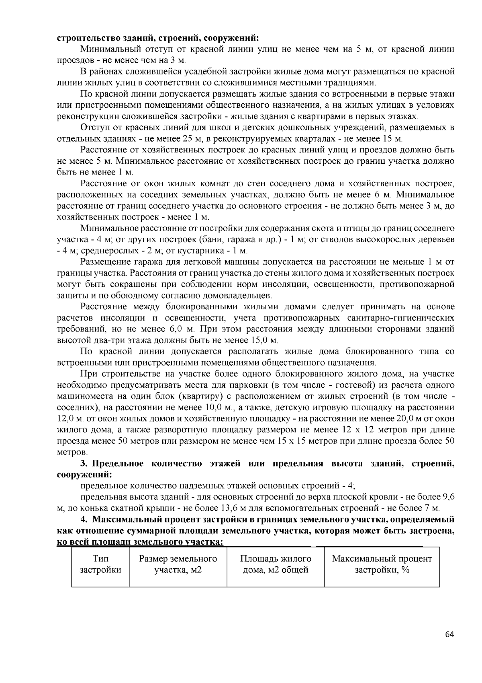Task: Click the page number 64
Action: [450, 635]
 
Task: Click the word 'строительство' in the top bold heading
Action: [83, 38]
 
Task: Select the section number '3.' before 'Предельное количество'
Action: [84, 463]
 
